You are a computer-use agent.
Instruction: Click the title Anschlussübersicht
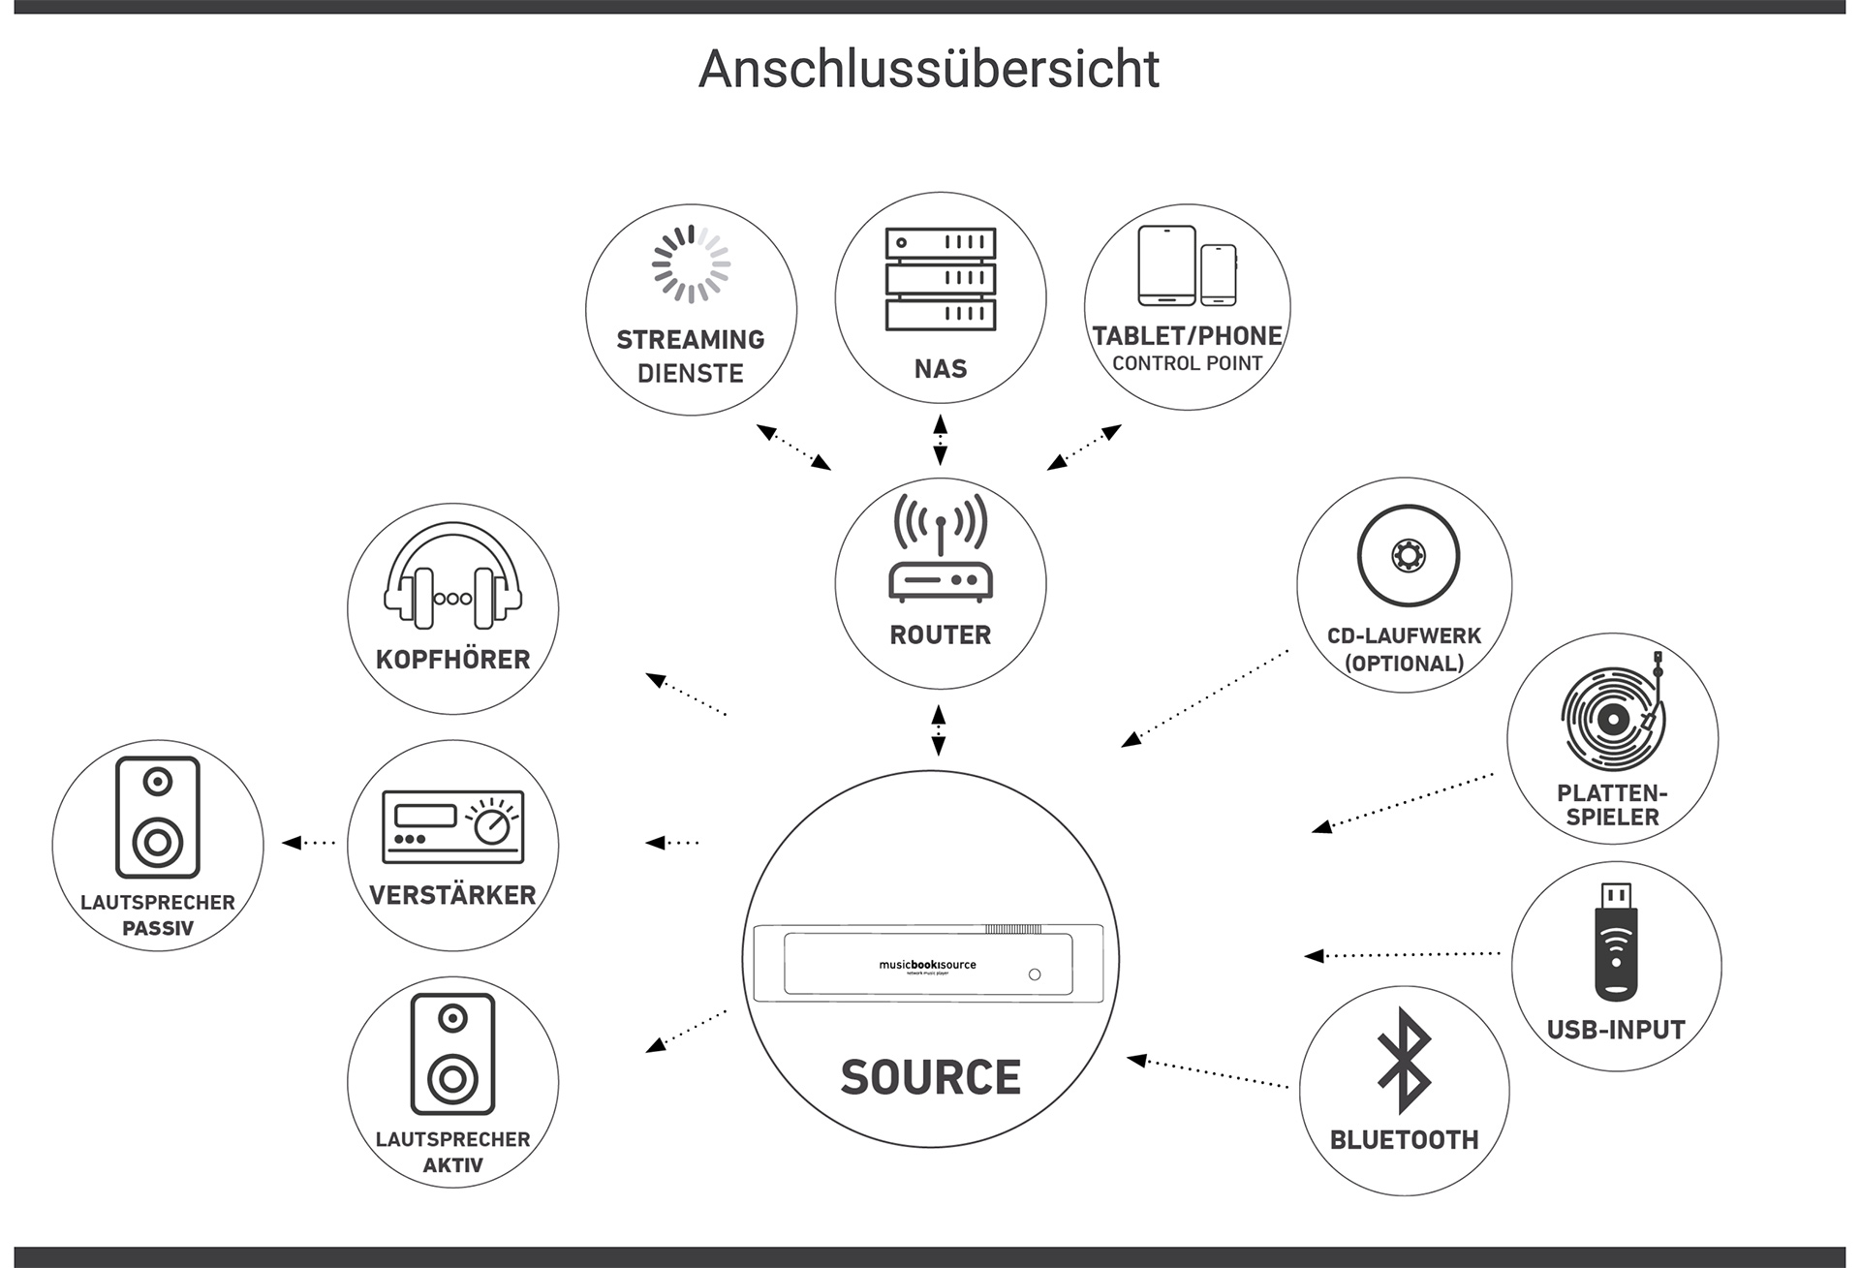(929, 69)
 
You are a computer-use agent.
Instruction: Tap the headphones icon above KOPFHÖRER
(452, 575)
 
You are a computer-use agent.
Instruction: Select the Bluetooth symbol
(1404, 1061)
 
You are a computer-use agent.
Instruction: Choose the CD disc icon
(1408, 556)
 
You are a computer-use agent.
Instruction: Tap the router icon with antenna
(940, 547)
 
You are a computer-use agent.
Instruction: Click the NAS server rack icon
(940, 279)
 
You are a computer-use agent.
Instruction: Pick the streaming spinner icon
(691, 263)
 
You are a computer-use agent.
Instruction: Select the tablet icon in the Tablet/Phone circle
(1166, 265)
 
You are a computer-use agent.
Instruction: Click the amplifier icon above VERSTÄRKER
(452, 826)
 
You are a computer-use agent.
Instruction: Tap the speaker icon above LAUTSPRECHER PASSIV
(158, 818)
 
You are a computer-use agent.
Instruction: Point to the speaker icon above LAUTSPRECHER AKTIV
(452, 1054)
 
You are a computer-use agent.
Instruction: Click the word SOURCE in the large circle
(930, 1077)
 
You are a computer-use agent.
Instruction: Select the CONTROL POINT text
(1187, 363)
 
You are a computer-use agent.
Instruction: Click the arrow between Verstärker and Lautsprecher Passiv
(308, 843)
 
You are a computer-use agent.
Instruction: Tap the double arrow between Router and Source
(938, 730)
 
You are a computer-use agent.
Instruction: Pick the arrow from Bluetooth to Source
(1207, 1073)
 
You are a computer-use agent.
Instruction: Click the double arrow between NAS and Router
(940, 440)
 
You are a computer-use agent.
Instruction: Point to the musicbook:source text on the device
(927, 965)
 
